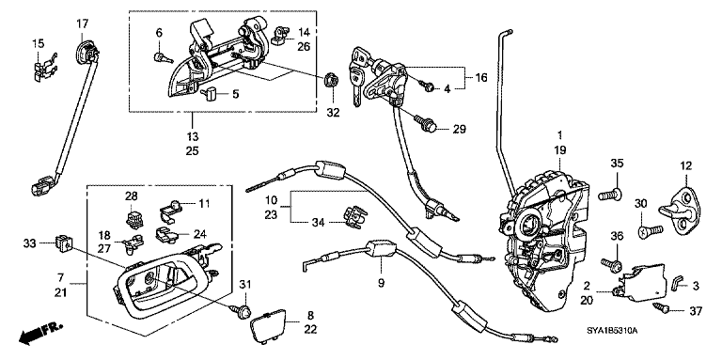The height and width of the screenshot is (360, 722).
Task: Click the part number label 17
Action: click(81, 23)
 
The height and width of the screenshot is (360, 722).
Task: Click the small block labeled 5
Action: click(211, 93)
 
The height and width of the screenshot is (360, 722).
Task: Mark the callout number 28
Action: click(131, 196)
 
